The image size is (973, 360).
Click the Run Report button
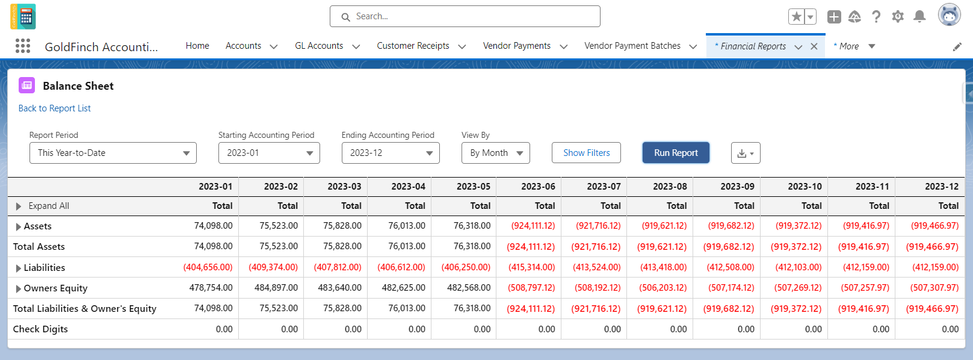pyautogui.click(x=676, y=153)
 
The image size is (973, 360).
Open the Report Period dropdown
pyautogui.click(x=113, y=153)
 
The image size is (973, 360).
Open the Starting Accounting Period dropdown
pyautogui.click(x=269, y=153)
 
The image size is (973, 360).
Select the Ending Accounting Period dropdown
pyautogui.click(x=391, y=153)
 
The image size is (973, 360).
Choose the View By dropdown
pyautogui.click(x=496, y=153)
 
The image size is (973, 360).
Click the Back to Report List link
pyautogui.click(x=54, y=108)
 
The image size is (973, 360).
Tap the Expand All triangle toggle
pyautogui.click(x=18, y=206)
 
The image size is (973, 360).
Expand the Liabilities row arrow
pyautogui.click(x=18, y=268)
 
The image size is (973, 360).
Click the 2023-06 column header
pyautogui.click(x=538, y=187)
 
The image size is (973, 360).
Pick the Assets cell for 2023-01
pyautogui.click(x=213, y=226)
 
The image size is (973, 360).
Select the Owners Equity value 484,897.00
pyautogui.click(x=276, y=287)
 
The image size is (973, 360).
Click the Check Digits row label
pyautogui.click(x=40, y=329)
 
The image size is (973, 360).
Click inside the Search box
pyautogui.click(x=465, y=16)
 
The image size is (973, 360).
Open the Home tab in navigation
pyautogui.click(x=197, y=46)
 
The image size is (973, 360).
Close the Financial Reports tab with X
pyautogui.click(x=814, y=46)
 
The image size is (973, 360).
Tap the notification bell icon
pyautogui.click(x=919, y=16)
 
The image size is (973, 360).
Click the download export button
pyautogui.click(x=746, y=153)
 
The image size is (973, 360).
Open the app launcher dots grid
pyautogui.click(x=23, y=46)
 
